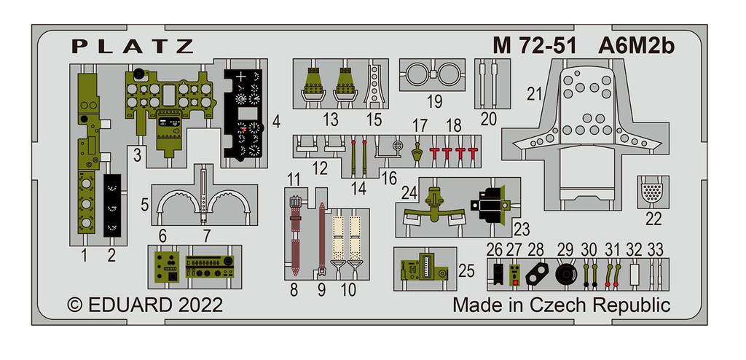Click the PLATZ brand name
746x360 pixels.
133,47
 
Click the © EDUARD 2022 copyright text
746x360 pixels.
145,304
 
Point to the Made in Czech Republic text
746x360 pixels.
561,305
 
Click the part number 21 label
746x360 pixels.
535,93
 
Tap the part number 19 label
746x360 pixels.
435,101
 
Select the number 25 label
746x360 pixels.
467,271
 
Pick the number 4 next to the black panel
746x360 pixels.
276,121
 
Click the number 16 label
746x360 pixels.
389,179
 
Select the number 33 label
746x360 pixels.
655,249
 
